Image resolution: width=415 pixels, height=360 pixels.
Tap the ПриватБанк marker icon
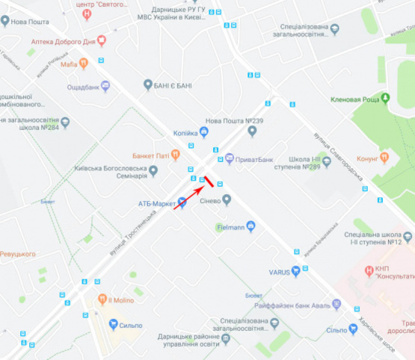[x=230, y=158]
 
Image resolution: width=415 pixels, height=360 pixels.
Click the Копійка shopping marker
[x=203, y=131]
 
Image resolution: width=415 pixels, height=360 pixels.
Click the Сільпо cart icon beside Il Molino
[x=114, y=324]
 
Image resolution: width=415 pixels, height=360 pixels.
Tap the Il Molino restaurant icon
[x=103, y=300]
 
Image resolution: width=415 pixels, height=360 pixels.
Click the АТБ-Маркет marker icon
[x=181, y=202]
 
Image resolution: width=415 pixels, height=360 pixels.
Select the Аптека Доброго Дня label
[x=63, y=42]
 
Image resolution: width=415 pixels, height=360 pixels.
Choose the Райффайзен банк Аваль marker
[x=337, y=303]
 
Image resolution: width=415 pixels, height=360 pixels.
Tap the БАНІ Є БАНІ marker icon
[x=148, y=84]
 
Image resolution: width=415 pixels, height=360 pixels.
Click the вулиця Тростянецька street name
[x=133, y=232]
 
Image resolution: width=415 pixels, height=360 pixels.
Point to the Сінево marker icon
[x=227, y=199]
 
